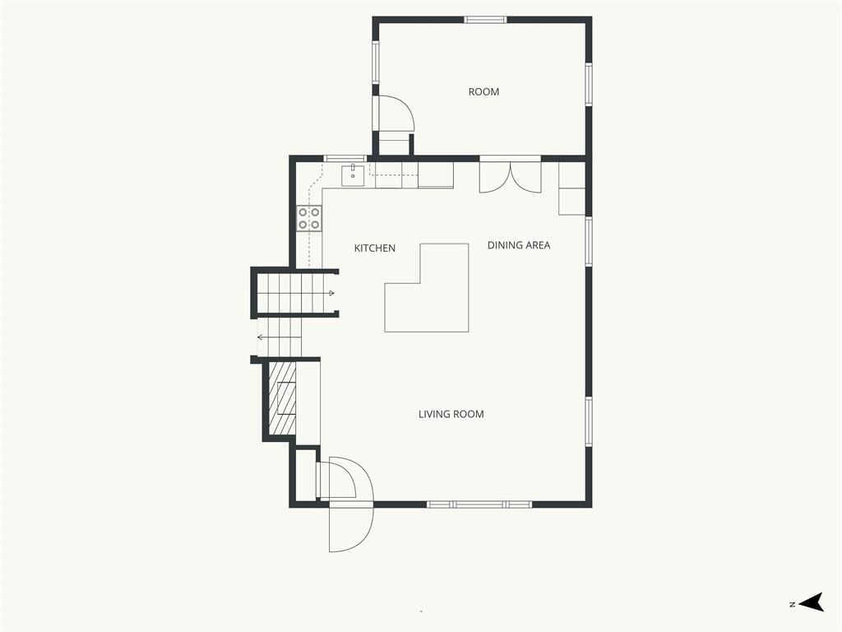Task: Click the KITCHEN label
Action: point(375,249)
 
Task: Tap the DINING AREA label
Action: point(519,245)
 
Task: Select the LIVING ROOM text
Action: point(451,415)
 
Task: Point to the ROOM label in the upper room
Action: point(483,92)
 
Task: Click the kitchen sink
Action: point(353,175)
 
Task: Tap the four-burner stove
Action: point(309,219)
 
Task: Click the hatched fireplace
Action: point(283,397)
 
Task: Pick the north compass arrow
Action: point(811,602)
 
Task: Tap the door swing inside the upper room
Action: point(396,114)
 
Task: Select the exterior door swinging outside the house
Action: point(350,529)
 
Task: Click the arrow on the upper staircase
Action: point(331,293)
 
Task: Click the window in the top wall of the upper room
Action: point(485,20)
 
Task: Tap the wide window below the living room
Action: point(479,504)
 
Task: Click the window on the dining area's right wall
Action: point(589,241)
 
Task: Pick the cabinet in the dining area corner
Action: point(572,188)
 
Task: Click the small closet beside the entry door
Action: point(306,475)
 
